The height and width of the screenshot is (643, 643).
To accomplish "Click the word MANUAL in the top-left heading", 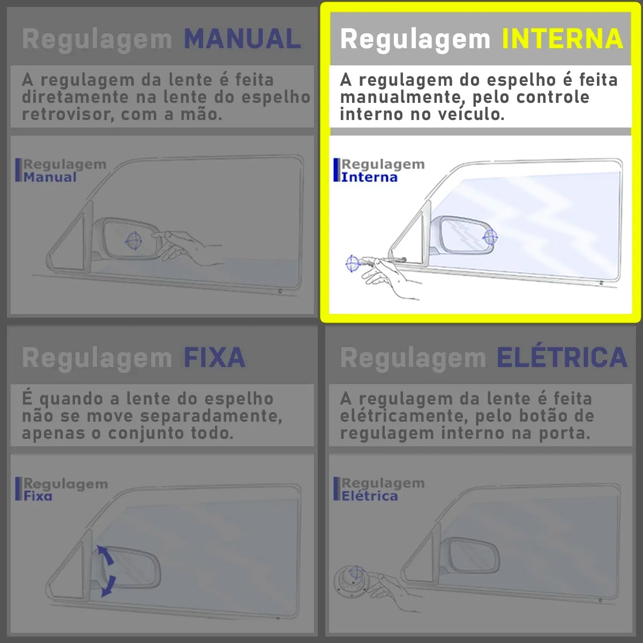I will (242, 39).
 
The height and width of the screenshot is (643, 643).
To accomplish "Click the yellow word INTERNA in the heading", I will (562, 39).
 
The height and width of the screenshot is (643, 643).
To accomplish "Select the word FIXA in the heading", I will (214, 358).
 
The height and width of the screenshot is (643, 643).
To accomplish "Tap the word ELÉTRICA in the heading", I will (562, 358).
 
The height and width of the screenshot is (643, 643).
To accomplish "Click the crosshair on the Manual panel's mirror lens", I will (133, 241).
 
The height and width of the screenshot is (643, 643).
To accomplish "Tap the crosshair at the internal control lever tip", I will (352, 263).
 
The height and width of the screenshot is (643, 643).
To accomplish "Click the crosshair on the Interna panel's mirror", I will (490, 236).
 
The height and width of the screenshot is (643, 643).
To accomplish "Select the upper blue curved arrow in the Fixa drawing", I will (106, 556).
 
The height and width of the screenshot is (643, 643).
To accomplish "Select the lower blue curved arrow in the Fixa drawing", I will (108, 585).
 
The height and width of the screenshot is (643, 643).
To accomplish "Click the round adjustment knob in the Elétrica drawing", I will (352, 580).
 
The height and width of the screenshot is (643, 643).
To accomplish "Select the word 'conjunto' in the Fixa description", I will (136, 433).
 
